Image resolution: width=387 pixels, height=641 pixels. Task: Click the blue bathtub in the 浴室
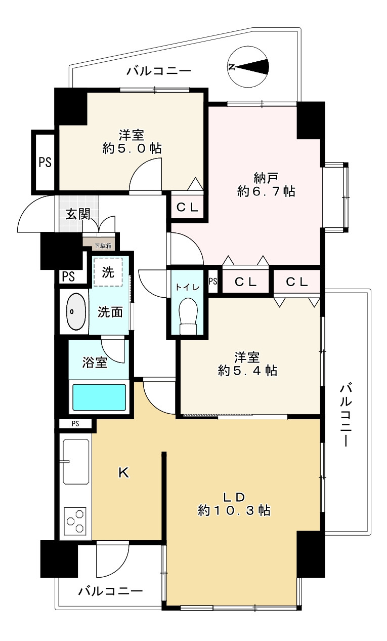[x=99, y=397]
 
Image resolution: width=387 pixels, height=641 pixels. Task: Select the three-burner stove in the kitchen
[x=75, y=519]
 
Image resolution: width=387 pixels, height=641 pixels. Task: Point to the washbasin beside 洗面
[x=76, y=311]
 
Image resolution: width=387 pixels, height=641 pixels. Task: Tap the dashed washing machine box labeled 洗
[x=108, y=272]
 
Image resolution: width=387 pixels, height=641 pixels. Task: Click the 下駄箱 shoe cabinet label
[x=103, y=246]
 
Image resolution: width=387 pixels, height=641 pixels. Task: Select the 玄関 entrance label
[x=78, y=214]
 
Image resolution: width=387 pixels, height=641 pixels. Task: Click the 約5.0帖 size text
[x=132, y=148]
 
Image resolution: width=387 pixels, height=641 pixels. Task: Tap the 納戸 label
[x=266, y=178]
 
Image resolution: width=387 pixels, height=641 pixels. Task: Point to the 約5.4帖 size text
[x=247, y=371]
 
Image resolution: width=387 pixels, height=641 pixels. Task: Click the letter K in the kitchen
[x=124, y=472]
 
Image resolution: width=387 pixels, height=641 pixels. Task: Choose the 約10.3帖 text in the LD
[x=234, y=510]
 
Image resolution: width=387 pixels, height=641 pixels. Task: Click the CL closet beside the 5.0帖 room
[x=187, y=207]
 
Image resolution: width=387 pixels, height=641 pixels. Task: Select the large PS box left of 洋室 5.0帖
[x=45, y=162]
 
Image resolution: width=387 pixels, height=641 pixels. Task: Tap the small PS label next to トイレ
[x=213, y=282]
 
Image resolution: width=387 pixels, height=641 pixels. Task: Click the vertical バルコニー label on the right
[x=346, y=415]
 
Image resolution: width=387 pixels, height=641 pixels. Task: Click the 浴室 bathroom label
[x=95, y=363]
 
